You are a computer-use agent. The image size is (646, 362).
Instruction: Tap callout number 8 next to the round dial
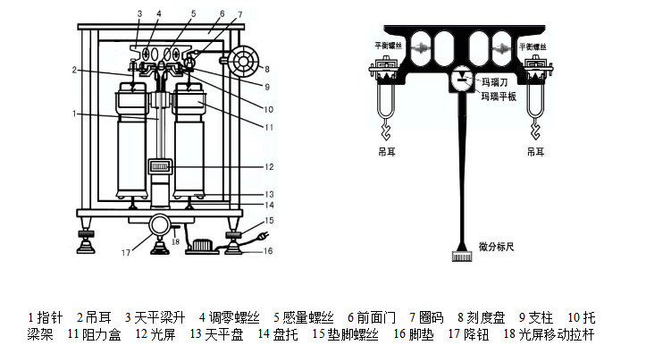[x=265, y=68]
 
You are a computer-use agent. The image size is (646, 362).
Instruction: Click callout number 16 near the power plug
[x=268, y=252]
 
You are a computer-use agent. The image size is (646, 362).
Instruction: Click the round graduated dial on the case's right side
[x=241, y=63]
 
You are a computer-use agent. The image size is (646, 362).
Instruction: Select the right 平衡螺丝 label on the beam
[x=534, y=44]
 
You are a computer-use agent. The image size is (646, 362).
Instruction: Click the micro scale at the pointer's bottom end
[x=463, y=257]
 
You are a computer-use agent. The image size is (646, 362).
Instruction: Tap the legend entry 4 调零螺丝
[x=229, y=317]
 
